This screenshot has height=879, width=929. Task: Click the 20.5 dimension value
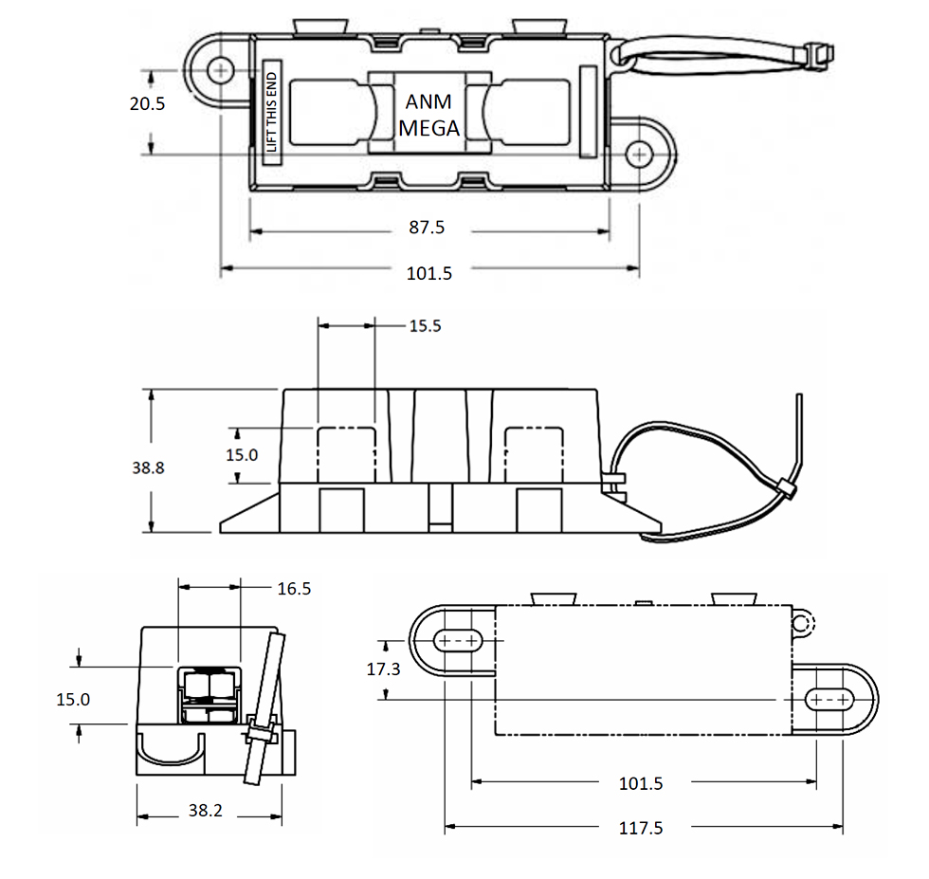[147, 104]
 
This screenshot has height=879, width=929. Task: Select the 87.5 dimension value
[426, 229]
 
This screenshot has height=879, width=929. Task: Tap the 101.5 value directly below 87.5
[429, 273]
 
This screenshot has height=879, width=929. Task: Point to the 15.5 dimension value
[426, 326]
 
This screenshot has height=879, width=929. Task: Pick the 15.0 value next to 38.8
[241, 455]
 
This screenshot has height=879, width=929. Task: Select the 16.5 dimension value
[294, 589]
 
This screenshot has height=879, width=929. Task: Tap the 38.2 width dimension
[206, 811]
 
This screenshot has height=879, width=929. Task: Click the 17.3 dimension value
[383, 668]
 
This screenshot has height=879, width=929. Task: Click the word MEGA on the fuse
[428, 128]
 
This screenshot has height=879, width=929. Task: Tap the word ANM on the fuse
[428, 102]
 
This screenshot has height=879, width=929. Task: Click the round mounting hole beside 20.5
[222, 69]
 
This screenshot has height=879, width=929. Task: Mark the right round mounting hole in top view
[640, 153]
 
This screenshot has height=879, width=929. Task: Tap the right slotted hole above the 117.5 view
[829, 700]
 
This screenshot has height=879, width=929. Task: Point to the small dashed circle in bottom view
[802, 623]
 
